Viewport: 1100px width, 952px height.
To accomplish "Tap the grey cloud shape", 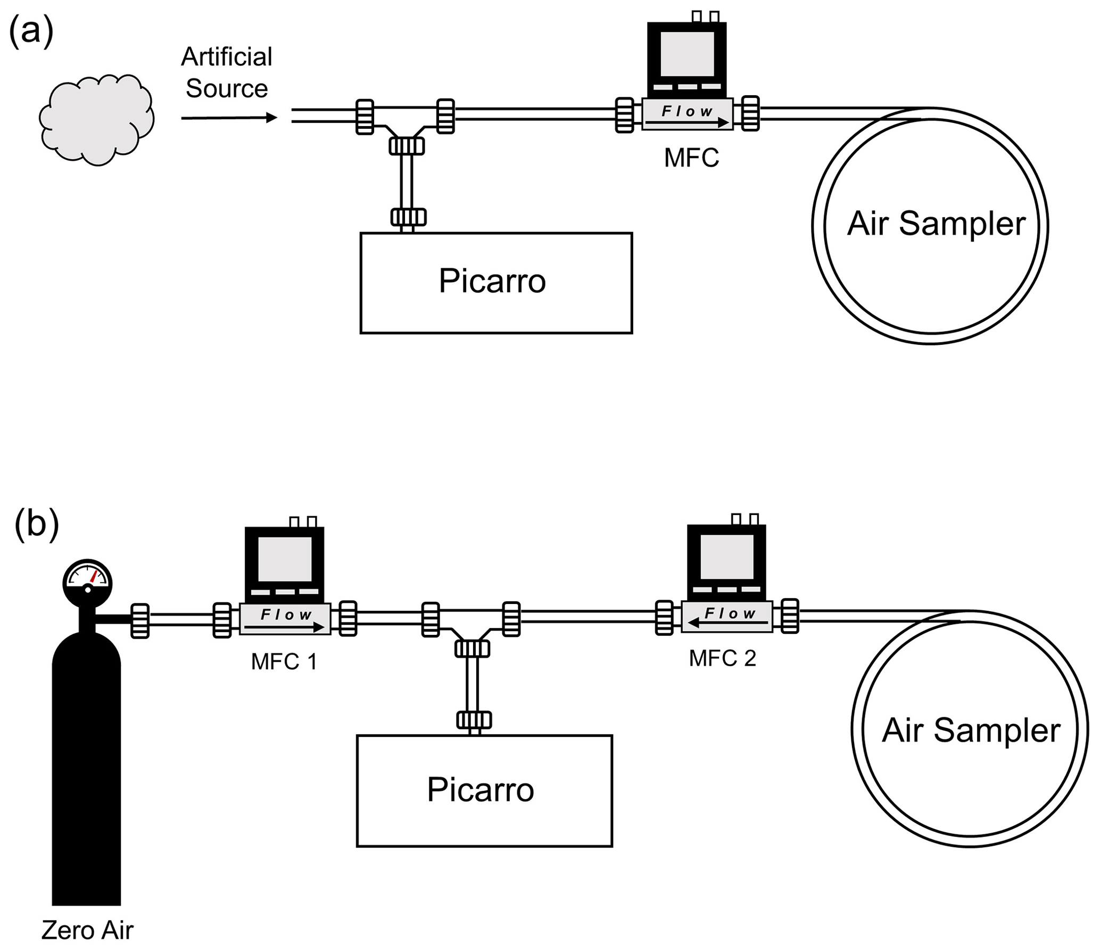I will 96,119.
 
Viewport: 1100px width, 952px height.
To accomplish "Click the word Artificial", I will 227,57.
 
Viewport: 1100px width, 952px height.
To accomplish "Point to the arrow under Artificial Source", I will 229,118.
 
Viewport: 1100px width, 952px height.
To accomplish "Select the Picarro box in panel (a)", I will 496,283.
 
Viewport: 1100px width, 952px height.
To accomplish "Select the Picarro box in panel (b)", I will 484,791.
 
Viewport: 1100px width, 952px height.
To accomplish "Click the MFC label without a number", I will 691,158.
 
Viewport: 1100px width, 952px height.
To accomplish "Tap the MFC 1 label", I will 284,662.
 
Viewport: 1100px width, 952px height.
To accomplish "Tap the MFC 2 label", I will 722,659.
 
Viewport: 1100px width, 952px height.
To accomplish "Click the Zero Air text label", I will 87,930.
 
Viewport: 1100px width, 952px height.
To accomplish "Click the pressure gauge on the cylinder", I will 88,581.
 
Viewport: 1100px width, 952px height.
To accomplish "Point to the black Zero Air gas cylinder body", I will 86,772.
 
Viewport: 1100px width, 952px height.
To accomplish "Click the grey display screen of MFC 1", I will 285,559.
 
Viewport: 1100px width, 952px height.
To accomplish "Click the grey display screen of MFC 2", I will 727,557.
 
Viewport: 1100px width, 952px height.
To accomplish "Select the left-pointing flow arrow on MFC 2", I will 727,622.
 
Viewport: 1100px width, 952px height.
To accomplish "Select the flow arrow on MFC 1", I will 285,628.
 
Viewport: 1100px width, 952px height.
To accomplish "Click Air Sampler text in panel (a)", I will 936,223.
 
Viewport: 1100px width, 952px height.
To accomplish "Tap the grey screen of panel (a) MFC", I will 687,54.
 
